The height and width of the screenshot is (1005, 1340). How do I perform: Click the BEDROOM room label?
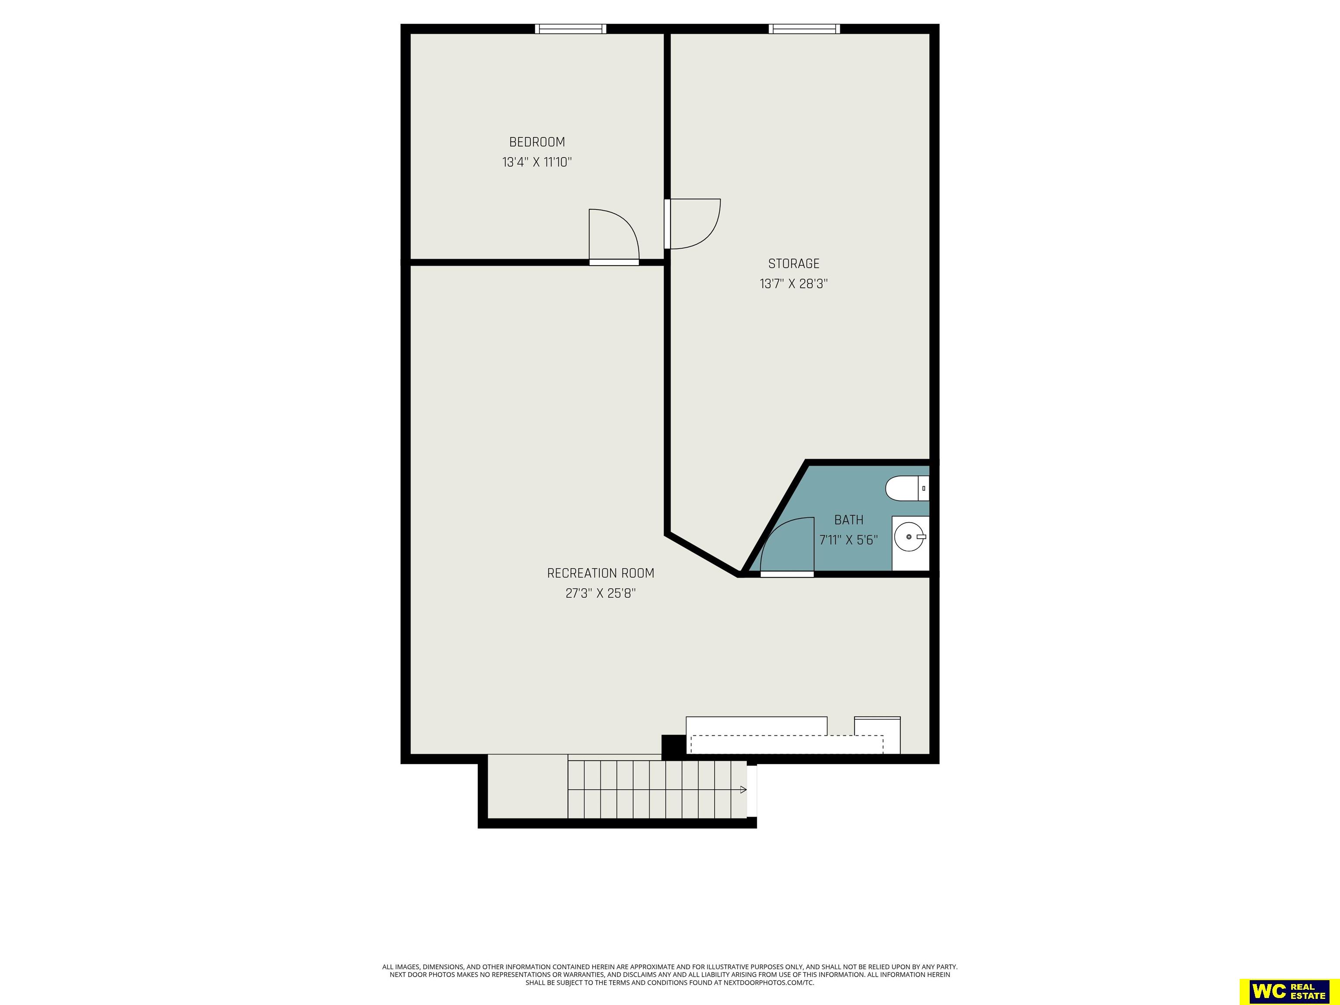(537, 142)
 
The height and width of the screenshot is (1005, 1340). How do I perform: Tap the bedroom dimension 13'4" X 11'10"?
(537, 162)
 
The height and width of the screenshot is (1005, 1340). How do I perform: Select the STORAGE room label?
(793, 263)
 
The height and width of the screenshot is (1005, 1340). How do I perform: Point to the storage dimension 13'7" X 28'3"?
(793, 284)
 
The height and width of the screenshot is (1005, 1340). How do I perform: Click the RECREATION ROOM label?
(600, 573)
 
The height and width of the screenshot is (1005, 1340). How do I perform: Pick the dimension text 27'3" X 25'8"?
(600, 593)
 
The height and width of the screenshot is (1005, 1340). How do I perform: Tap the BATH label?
(849, 520)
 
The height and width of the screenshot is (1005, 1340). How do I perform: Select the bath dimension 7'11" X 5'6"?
(849, 540)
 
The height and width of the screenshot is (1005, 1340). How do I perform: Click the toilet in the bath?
(907, 488)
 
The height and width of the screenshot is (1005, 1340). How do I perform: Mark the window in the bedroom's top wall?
(570, 28)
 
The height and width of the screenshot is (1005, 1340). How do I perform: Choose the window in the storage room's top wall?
(804, 28)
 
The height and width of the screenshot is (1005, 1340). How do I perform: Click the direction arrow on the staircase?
(743, 790)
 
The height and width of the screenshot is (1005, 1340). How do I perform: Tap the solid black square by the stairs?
(673, 746)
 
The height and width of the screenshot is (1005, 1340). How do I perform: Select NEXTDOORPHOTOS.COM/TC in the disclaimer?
(769, 983)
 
